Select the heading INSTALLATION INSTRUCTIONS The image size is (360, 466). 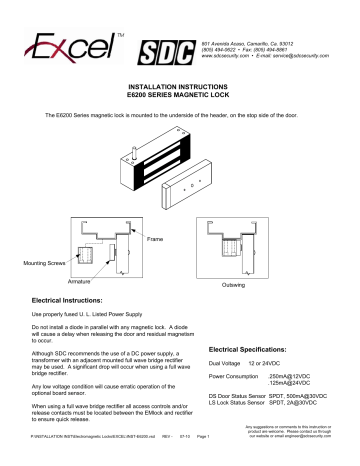[x=180, y=88]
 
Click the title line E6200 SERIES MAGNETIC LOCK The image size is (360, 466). [x=180, y=97]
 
